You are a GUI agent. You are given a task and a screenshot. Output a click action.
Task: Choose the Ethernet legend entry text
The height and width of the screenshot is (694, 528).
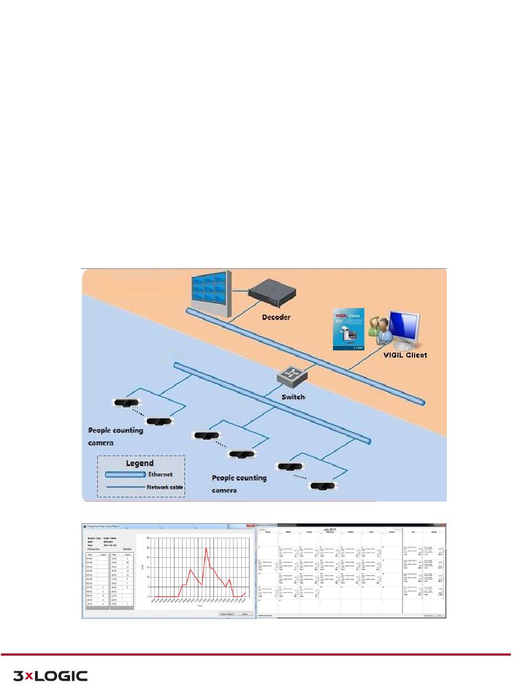tap(161, 474)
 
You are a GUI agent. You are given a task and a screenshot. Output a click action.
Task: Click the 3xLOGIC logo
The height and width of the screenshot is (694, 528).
tap(50, 676)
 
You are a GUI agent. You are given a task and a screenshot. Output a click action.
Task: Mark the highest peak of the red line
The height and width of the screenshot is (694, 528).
tap(206, 548)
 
